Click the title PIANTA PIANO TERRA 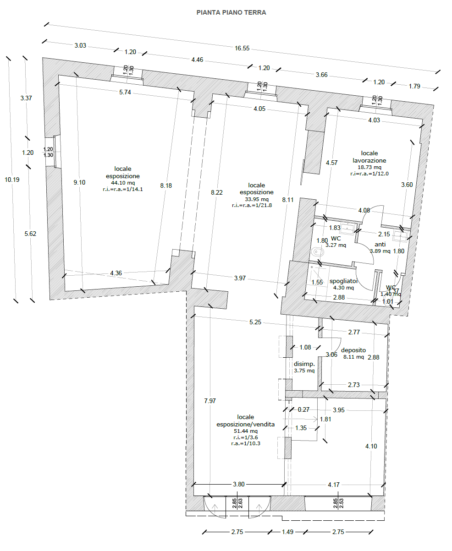click(x=231, y=12)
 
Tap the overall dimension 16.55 click(x=242, y=49)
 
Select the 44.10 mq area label click(x=123, y=183)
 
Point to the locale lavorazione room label click(x=369, y=157)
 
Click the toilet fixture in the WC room click(x=318, y=252)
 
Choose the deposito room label click(x=353, y=350)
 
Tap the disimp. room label click(x=304, y=364)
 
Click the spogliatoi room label click(x=343, y=281)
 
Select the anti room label click(x=380, y=244)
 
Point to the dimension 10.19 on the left click(x=12, y=180)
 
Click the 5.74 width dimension click(x=125, y=92)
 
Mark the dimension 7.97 click(x=210, y=401)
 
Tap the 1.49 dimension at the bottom click(x=287, y=532)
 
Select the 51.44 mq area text click(x=246, y=431)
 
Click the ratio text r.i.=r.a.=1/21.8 click(x=252, y=205)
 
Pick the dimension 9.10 click(x=79, y=182)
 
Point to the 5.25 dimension click(x=255, y=322)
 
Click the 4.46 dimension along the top click(x=197, y=60)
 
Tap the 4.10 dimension click(x=371, y=446)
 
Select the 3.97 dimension click(x=240, y=278)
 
